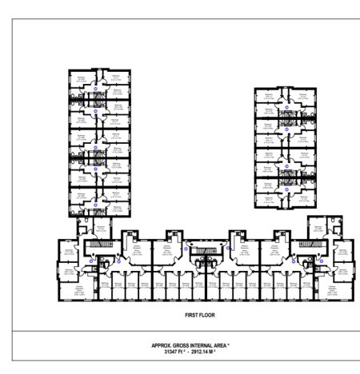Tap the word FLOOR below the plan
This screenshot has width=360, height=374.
coord(190,316)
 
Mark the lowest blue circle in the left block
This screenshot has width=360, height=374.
coord(95,205)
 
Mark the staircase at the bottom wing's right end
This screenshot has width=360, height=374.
coord(306,245)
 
